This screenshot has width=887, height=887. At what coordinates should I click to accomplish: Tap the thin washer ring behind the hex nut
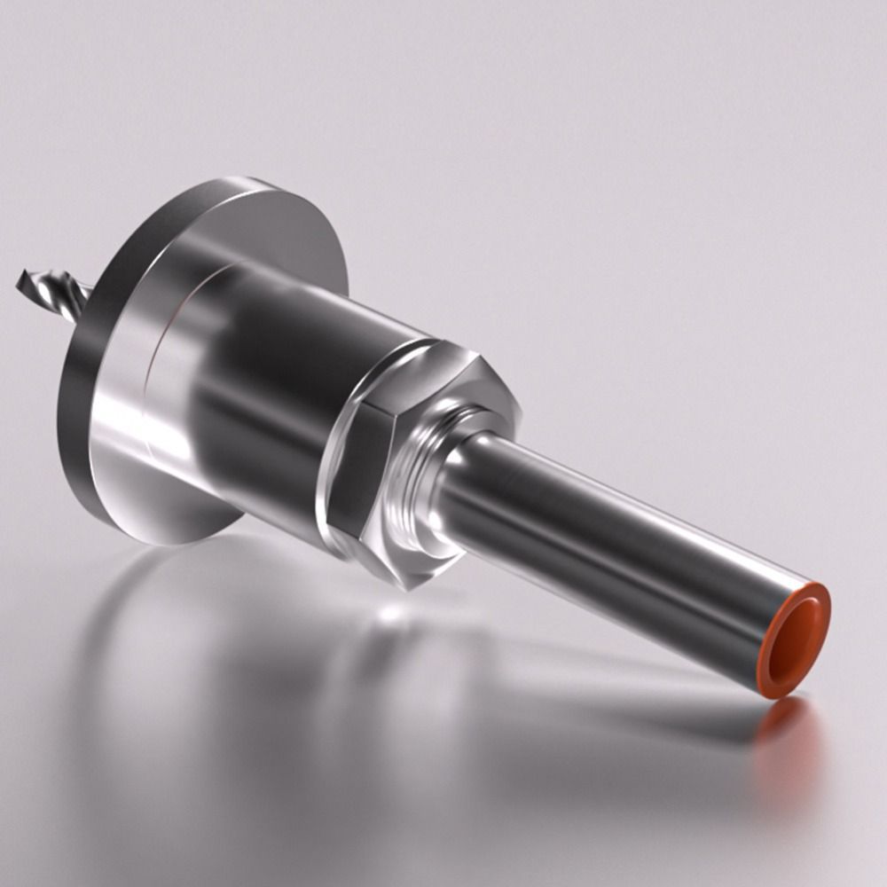coord(332,461)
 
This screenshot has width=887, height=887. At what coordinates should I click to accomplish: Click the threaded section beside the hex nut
coord(417,497)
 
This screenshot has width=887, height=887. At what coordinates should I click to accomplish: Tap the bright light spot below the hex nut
coord(390,612)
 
